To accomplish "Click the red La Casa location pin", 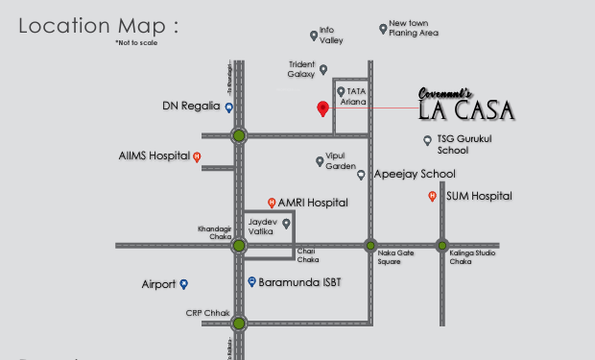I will pos(323,108).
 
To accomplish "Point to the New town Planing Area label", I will pos(414,28).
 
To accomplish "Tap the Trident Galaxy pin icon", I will pos(323,69).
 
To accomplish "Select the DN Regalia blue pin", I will pos(229,108).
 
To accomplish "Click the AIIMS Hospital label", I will pos(154,156).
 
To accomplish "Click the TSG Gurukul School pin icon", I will pos(428,140).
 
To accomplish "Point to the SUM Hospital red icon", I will pos(433,197).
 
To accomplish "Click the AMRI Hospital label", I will pos(313,204).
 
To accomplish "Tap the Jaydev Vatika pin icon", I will pos(286,224).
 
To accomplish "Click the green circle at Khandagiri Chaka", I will pos(239,246).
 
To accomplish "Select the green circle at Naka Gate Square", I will pos(369,246).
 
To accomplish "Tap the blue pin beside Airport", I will pos(184,284).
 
